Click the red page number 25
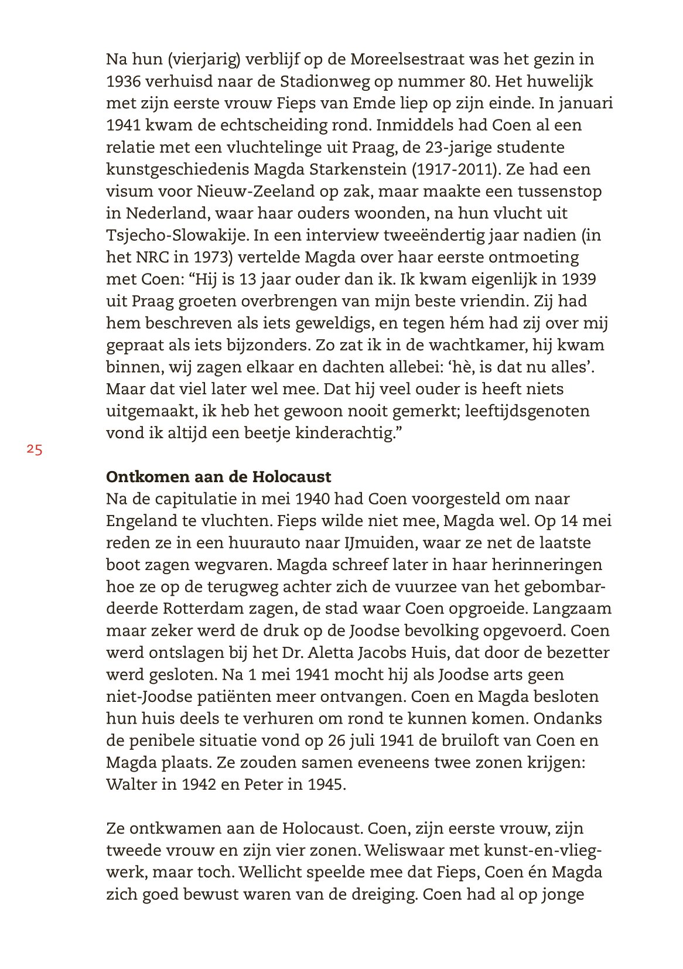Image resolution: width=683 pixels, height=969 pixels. [35, 450]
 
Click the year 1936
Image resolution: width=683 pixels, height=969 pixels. [124, 81]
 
